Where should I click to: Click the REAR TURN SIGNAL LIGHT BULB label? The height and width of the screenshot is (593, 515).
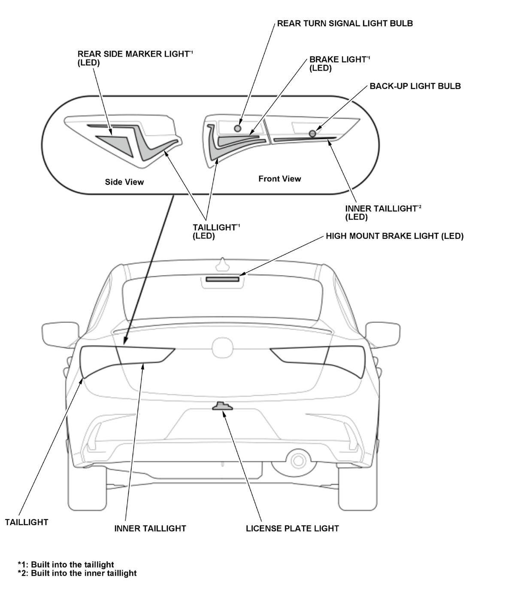click(345, 24)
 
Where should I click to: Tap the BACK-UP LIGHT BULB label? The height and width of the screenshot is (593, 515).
click(415, 86)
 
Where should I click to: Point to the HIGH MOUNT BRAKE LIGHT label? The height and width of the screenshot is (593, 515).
click(394, 236)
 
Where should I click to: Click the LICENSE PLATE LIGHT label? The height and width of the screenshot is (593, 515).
click(292, 529)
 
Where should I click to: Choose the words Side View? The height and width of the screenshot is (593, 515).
click(124, 182)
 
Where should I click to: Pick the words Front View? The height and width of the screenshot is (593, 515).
click(280, 178)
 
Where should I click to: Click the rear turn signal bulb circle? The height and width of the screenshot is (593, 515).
click(237, 128)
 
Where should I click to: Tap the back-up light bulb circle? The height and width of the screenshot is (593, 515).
click(312, 134)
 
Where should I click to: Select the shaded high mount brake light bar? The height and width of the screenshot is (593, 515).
click(222, 279)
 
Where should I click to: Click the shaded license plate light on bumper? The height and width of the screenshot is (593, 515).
click(222, 406)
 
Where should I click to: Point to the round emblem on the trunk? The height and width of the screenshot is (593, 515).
click(222, 348)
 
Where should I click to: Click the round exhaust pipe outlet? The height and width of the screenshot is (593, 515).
click(298, 460)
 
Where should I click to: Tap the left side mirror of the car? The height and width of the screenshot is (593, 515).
click(61, 334)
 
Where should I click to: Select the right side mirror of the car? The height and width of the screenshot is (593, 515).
click(383, 334)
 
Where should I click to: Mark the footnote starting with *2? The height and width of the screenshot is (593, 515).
click(77, 573)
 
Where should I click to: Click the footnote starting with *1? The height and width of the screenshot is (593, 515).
click(66, 564)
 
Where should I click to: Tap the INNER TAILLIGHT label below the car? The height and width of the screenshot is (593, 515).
click(150, 529)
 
